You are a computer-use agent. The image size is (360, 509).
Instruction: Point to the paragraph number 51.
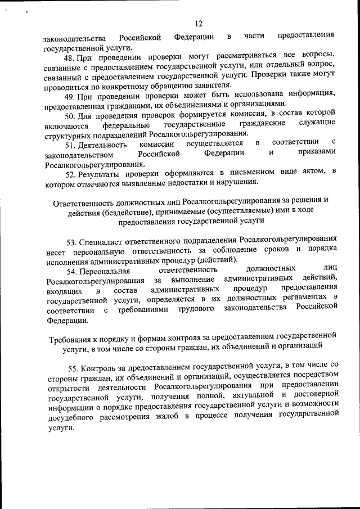pyautogui.click(x=71, y=145)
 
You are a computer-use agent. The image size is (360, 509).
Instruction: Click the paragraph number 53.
pyautogui.click(x=72, y=242)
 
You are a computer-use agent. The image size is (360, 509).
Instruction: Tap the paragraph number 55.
pyautogui.click(x=73, y=369)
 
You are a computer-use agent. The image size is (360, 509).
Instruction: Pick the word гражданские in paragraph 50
pyautogui.click(x=262, y=123)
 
